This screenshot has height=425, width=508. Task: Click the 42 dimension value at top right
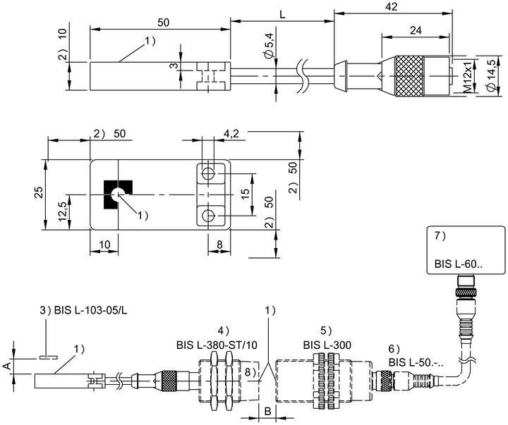pyautogui.click(x=392, y=6)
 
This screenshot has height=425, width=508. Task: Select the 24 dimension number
pyautogui.click(x=416, y=30)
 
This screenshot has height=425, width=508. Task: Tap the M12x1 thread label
pyautogui.click(x=467, y=77)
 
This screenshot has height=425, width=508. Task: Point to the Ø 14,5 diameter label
pyautogui.click(x=491, y=75)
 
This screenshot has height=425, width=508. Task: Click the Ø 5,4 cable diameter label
pyautogui.click(x=269, y=46)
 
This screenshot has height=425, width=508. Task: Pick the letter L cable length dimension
pyautogui.click(x=282, y=15)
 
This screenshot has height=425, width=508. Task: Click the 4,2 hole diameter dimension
pyautogui.click(x=231, y=133)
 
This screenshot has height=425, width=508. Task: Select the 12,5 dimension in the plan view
pyautogui.click(x=63, y=211)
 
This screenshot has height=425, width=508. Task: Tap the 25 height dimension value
pyautogui.click(x=38, y=192)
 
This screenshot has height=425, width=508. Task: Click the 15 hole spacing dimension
pyautogui.click(x=246, y=194)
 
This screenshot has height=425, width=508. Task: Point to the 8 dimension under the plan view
pyautogui.click(x=219, y=245)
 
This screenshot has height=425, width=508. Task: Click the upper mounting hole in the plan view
pyautogui.click(x=207, y=174)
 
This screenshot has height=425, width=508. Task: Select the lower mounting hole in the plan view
pyautogui.click(x=207, y=215)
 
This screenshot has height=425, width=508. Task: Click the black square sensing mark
pyautogui.click(x=118, y=195)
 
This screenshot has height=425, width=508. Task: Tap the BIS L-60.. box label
pyautogui.click(x=459, y=264)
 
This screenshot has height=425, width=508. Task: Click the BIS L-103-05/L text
pyautogui.click(x=91, y=310)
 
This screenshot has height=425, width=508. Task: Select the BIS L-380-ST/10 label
pyautogui.click(x=217, y=345)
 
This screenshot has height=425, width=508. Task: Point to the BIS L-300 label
pyautogui.click(x=327, y=345)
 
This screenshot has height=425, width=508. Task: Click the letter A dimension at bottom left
pyautogui.click(x=6, y=366)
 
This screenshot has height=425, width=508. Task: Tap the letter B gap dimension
pyautogui.click(x=267, y=412)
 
